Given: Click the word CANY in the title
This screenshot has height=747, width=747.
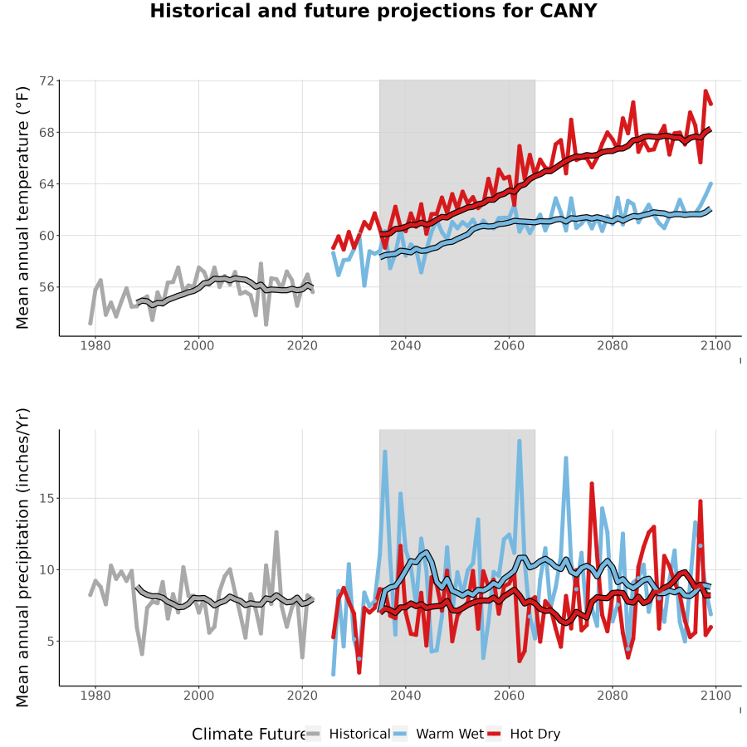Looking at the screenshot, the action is coord(568,11).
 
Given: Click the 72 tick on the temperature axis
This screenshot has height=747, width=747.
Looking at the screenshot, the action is coord(46,81).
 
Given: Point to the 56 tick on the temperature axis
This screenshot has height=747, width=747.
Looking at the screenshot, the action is coord(46,287).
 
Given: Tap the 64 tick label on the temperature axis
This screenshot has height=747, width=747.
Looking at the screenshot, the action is coord(46,184).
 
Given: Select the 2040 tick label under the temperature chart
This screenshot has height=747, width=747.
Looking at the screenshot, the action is coord(405,345).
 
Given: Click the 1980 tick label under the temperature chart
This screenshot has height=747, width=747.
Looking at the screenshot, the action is coord(95,345).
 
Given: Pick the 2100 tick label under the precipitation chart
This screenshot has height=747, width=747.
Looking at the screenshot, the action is coord(715,696).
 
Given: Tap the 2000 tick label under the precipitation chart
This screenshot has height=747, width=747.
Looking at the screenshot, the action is coord(198,696).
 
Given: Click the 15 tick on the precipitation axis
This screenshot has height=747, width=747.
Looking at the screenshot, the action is coord(46,498).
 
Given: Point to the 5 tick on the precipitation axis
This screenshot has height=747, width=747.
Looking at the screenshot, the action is coord(51,642).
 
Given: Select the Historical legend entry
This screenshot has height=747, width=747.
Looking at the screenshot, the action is coord(348,735).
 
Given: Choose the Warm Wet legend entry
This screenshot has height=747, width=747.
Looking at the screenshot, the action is coord(438,735).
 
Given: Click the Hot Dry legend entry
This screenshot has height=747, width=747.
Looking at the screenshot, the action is coord(524,735).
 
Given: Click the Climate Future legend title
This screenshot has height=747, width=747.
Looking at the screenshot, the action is coord(249,735).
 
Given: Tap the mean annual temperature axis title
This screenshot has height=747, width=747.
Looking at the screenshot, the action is coord(22,207).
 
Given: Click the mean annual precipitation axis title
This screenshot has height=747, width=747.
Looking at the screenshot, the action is coord(22,558).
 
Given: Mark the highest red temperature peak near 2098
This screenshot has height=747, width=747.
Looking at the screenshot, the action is coord(705,91).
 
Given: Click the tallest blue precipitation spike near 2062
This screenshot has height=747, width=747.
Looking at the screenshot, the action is coord(520,442).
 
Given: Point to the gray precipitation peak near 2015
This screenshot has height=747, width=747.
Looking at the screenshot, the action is coord(276,532).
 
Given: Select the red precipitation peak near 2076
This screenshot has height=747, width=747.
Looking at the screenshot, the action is coord(592,484).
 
